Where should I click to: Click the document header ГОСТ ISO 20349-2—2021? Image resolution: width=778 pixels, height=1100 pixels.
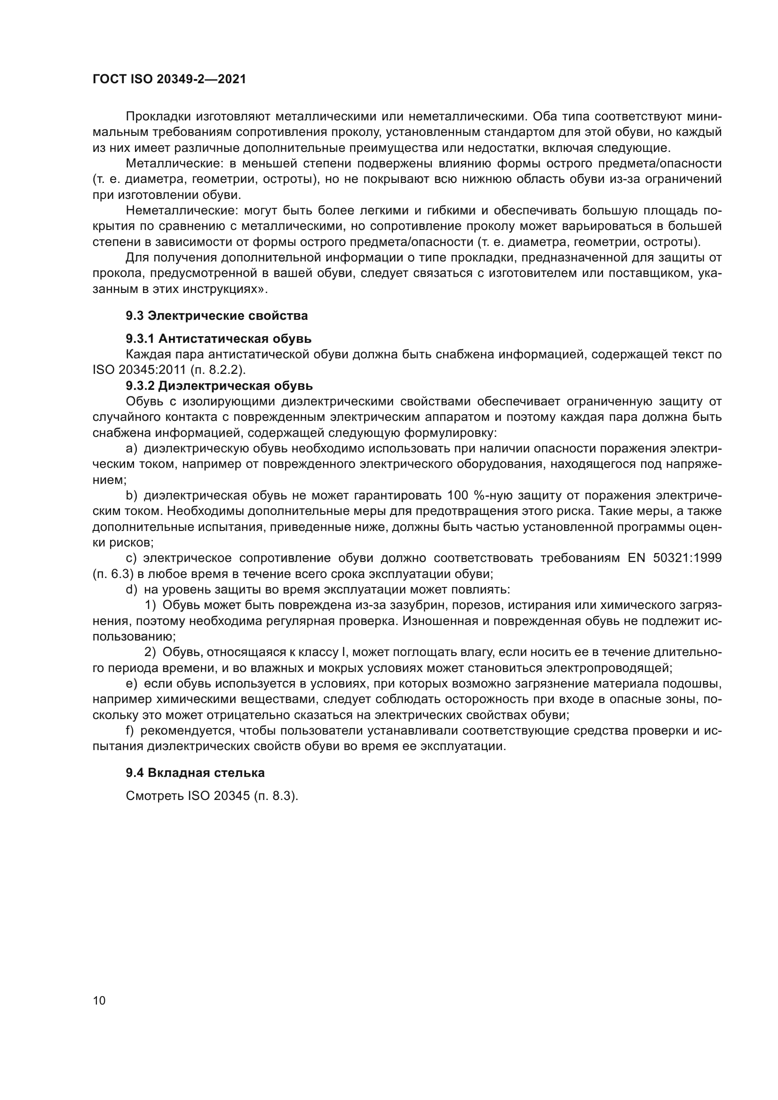[x=169, y=79]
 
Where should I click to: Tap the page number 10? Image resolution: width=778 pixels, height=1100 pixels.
[x=99, y=1000]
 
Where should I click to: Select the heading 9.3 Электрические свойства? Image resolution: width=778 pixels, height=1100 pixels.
[x=216, y=316]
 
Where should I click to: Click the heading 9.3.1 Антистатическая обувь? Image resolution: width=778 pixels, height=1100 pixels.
[x=218, y=339]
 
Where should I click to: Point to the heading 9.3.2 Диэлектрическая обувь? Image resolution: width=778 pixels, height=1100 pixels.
[x=219, y=386]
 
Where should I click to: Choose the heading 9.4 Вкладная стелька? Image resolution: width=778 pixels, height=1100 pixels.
[x=195, y=773]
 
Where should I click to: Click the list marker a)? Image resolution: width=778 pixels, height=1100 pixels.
[x=131, y=449]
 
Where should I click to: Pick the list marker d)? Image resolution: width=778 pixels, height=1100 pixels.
[x=131, y=589]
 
